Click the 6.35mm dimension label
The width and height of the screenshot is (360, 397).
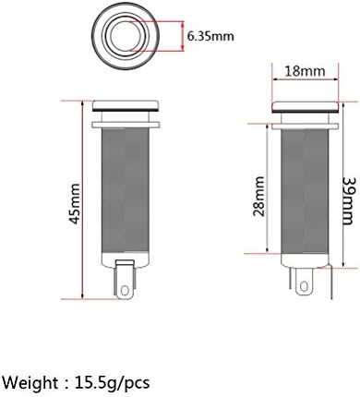210,36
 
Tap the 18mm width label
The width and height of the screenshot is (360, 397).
305,71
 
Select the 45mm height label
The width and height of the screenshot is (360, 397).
75,204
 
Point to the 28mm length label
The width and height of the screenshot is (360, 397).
258,197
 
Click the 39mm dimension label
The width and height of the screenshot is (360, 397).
351,201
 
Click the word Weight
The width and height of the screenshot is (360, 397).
30,383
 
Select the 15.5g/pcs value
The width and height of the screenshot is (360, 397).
112,383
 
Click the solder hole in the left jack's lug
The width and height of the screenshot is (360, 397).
125,291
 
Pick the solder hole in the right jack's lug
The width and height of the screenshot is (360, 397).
304,287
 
